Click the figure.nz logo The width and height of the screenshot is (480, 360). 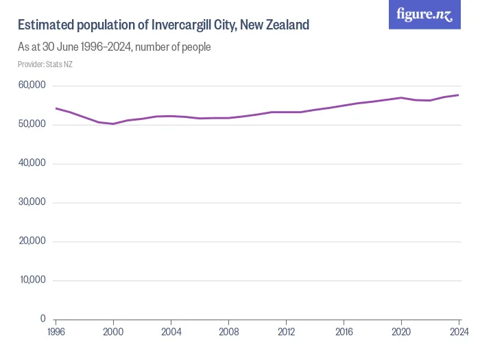pos(424,14)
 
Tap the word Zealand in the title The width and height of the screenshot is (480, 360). pos(287,25)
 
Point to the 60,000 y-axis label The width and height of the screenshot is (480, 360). pos(32,85)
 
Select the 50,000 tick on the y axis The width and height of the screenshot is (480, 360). pos(32,124)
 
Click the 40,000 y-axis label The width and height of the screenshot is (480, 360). pos(32,163)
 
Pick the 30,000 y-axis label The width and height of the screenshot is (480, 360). pos(32,202)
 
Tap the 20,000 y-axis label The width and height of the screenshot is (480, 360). pos(32,241)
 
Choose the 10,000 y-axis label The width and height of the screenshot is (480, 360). pos(32,280)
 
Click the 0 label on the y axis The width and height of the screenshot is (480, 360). pos(42,319)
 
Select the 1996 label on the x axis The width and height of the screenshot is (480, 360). pos(56,332)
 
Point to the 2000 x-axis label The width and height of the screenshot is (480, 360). pos(113,332)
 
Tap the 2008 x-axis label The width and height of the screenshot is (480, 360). pos(228,332)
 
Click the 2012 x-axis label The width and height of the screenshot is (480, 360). pos(286,332)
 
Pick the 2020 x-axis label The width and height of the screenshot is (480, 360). pos(401,332)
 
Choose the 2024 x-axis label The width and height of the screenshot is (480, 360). pos(458,332)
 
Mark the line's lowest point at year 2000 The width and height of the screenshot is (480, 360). pos(113,124)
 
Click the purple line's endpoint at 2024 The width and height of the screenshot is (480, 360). pos(459,95)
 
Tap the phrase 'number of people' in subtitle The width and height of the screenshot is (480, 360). pos(176,47)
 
